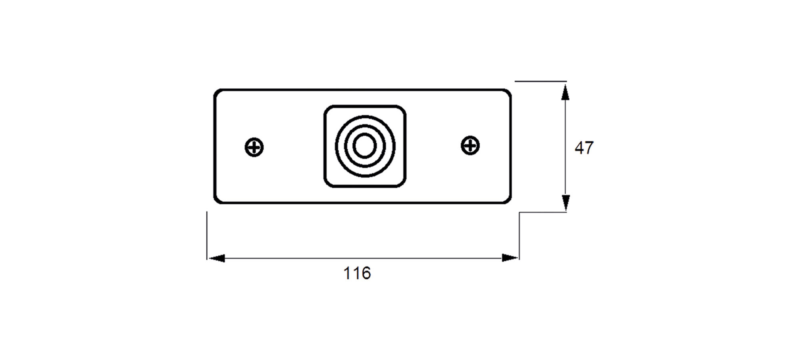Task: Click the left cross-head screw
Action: pos(254,147)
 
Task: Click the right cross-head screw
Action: pos(470,145)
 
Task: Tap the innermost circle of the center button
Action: pos(364,146)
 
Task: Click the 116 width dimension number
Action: pos(357,274)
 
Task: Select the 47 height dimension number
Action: pos(584,148)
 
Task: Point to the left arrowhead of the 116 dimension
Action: pos(216,258)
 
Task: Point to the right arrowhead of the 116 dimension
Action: pos(510,258)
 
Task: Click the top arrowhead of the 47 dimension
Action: pos(565,92)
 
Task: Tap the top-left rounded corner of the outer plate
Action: pos(216,92)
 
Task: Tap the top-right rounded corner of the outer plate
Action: pos(509,92)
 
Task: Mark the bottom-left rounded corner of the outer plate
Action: pos(216,201)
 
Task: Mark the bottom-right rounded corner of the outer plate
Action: pos(509,201)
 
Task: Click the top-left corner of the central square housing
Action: pos(326,108)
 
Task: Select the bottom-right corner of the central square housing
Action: pos(403,184)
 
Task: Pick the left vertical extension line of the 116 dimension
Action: pos(207,236)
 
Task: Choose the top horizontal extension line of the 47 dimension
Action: pos(540,81)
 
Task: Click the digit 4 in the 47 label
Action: pos(579,148)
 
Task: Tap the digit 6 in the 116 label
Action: pos(366,274)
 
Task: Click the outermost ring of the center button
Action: pos(335,146)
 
